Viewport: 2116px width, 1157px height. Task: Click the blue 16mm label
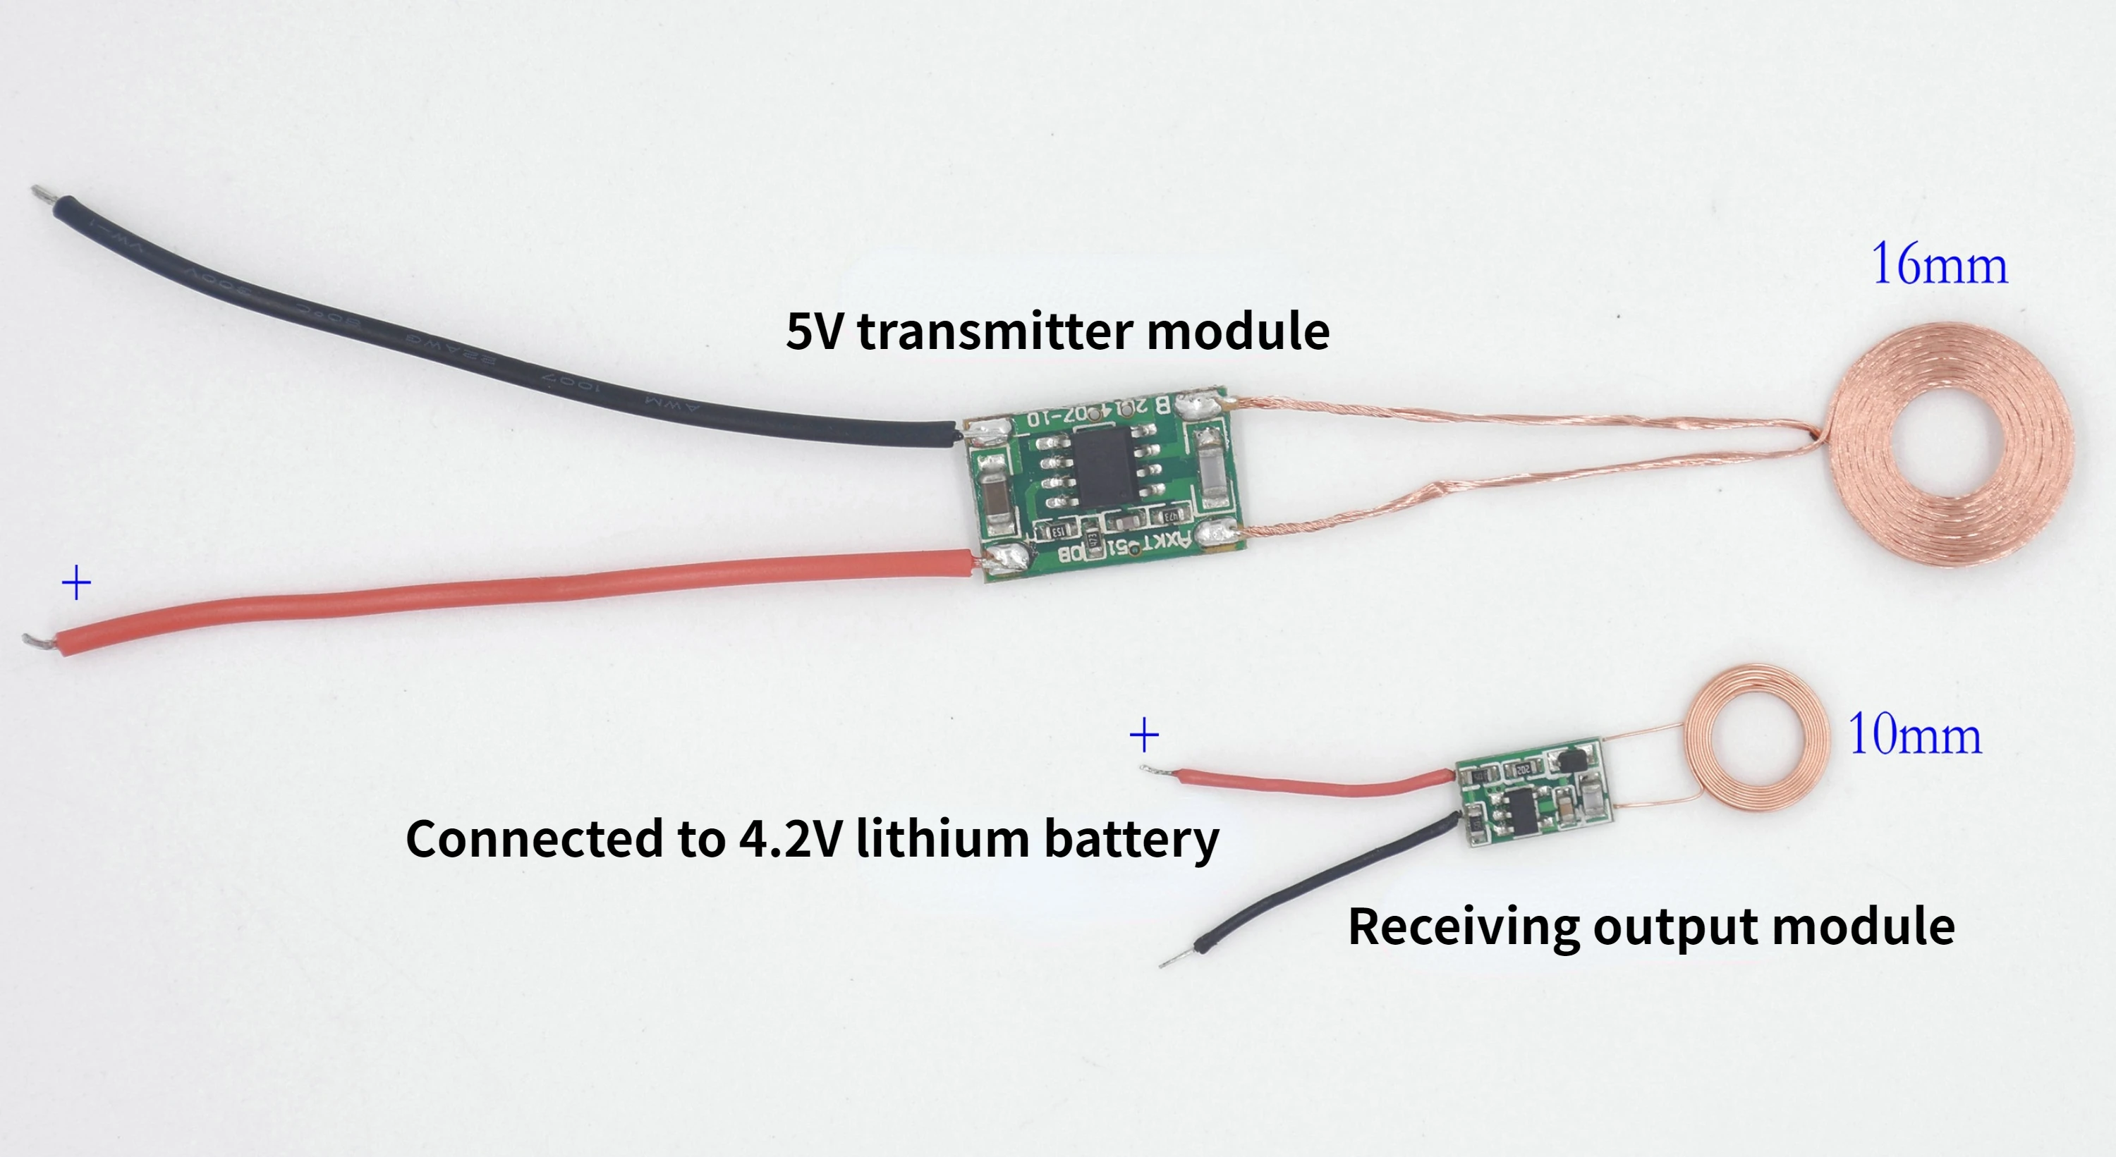point(1938,265)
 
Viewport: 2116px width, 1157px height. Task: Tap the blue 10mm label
point(1914,734)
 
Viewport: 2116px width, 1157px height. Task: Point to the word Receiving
point(1463,927)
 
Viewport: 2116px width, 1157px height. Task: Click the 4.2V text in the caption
point(789,838)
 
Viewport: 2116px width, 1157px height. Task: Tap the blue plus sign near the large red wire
point(76,583)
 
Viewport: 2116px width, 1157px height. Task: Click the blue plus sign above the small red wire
point(1144,734)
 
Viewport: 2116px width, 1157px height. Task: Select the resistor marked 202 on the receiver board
point(1521,769)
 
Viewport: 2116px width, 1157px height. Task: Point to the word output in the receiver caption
point(1675,927)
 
